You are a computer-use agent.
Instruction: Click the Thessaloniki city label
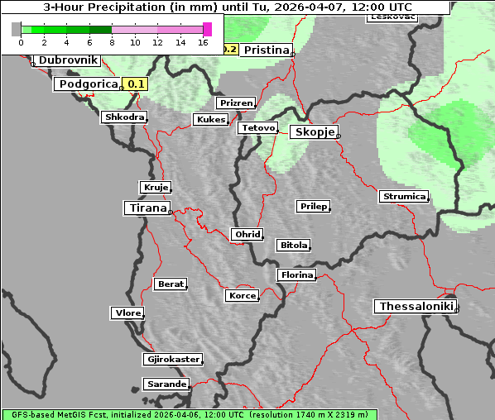[x=416, y=307]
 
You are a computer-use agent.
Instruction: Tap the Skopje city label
[x=313, y=132]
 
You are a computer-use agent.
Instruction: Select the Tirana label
[x=147, y=208]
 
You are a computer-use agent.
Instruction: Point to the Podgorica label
[x=88, y=84]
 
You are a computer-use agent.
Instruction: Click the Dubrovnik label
[x=68, y=60]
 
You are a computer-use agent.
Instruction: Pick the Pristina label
[x=266, y=50]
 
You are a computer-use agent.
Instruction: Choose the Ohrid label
[x=247, y=235]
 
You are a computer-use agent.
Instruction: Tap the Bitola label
[x=293, y=246]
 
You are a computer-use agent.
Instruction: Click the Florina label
[x=296, y=274]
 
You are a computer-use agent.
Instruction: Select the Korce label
[x=242, y=295]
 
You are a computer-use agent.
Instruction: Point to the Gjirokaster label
[x=172, y=360]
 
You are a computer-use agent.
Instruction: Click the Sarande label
[x=166, y=384]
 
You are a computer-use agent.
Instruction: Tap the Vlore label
[x=127, y=313]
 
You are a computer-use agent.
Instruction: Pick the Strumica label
[x=404, y=197]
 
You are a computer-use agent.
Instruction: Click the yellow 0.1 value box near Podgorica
[x=136, y=84]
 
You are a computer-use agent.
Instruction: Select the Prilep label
[x=314, y=206]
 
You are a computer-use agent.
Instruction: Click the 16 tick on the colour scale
[x=203, y=42]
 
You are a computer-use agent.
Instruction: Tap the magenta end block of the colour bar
[x=207, y=29]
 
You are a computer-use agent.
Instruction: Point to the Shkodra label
[x=125, y=117]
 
